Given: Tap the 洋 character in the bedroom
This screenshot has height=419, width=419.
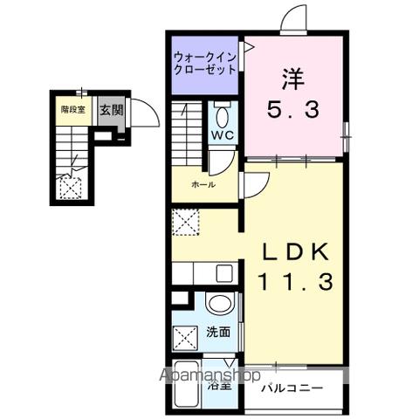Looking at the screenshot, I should pyautogui.click(x=292, y=79).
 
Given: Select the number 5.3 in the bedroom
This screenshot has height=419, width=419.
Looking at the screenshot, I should pyautogui.click(x=292, y=111).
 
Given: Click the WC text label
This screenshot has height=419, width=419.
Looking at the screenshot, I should pyautogui.click(x=220, y=136).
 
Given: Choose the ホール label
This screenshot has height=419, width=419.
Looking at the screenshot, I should pyautogui.click(x=203, y=184).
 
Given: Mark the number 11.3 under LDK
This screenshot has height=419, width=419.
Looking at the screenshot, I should pyautogui.click(x=295, y=283).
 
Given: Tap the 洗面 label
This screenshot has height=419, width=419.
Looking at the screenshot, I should pyautogui.click(x=218, y=332).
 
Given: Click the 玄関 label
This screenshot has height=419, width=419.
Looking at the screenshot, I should pyautogui.click(x=110, y=110).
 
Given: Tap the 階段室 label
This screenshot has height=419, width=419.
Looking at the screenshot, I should pyautogui.click(x=72, y=110).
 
